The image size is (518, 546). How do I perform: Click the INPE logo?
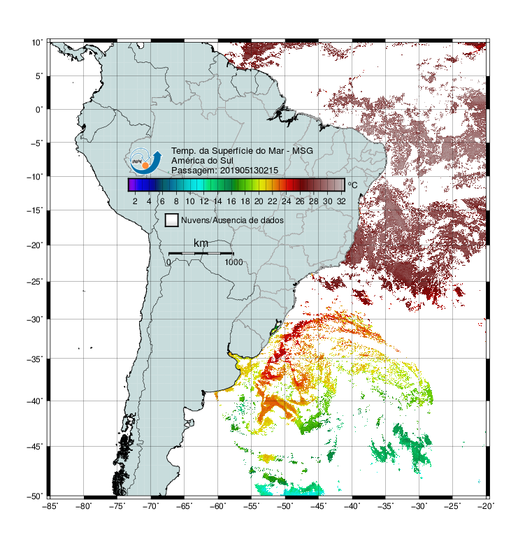pyautogui.click(x=145, y=161)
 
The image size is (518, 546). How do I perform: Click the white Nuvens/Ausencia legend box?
pyautogui.click(x=172, y=220)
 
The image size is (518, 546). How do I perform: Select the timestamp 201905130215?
pyautogui.click(x=249, y=171)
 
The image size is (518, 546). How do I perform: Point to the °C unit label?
pyautogui.click(x=352, y=185)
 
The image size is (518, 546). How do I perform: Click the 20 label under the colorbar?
pyautogui.click(x=259, y=201)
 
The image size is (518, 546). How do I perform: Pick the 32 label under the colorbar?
pyautogui.click(x=341, y=201)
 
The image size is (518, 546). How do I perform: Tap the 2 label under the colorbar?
pyautogui.click(x=135, y=201)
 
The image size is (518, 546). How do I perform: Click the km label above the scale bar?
pyautogui.click(x=201, y=243)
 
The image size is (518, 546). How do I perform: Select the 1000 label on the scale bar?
pyautogui.click(x=233, y=262)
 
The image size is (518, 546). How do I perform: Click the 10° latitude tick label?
pyautogui.click(x=37, y=43)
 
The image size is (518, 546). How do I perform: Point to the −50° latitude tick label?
pyautogui.click(x=35, y=496)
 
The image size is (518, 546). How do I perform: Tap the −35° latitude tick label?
pyautogui.click(x=35, y=359)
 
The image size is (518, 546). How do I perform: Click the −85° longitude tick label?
pyautogui.click(x=50, y=506)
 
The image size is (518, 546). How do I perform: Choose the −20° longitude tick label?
pyautogui.click(x=486, y=506)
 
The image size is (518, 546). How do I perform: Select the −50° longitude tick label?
pyautogui.click(x=285, y=506)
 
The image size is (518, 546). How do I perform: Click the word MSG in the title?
pyautogui.click(x=303, y=151)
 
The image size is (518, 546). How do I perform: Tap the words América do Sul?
pyautogui.click(x=202, y=161)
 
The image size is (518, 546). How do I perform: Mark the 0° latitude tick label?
pyautogui.click(x=39, y=110)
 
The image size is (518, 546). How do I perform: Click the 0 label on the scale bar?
pyautogui.click(x=168, y=262)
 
